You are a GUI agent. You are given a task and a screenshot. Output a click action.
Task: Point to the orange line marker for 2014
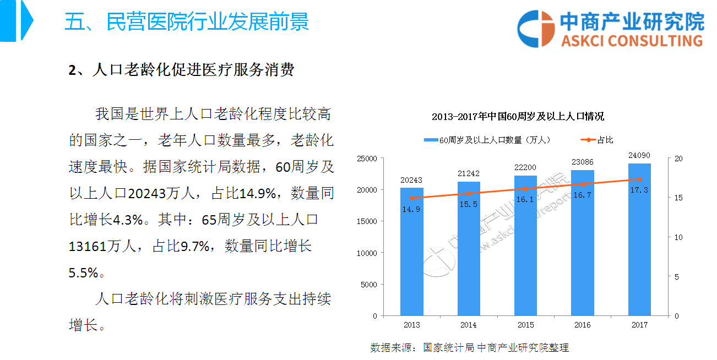pyautogui.click(x=469, y=194)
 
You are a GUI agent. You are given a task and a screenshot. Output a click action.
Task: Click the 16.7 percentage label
pyautogui.click(x=583, y=194)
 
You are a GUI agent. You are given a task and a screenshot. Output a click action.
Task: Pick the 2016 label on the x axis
pyautogui.click(x=583, y=325)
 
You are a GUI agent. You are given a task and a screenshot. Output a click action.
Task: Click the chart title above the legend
pyautogui.click(x=518, y=117)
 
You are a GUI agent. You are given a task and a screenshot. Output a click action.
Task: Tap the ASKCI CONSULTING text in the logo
pyautogui.click(x=632, y=40)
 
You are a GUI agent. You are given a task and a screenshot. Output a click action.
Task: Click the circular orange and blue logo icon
pyautogui.click(x=536, y=28)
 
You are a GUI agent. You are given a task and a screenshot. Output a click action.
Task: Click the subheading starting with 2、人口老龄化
pyautogui.click(x=181, y=70)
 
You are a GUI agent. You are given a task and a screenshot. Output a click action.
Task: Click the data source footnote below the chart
pyautogui.click(x=469, y=348)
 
